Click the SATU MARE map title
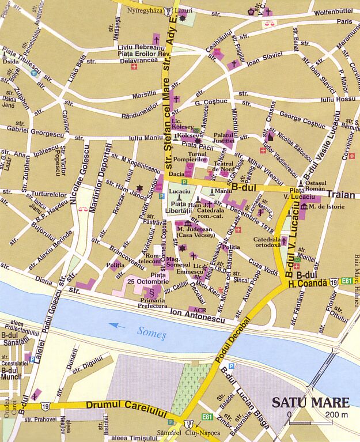(310, 402)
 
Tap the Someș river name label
(151, 331)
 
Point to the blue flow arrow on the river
(117, 326)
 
